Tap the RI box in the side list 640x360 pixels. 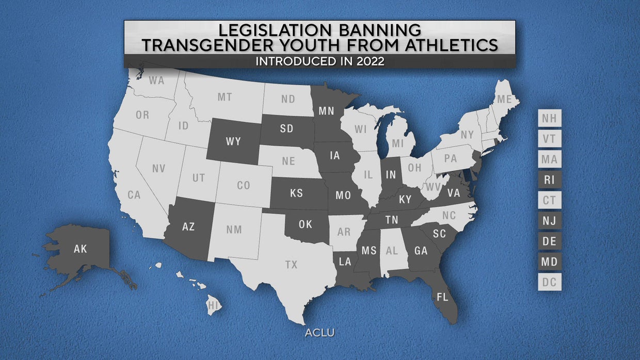(x=549, y=181)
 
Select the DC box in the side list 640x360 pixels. (x=549, y=283)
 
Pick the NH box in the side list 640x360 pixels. (x=549, y=119)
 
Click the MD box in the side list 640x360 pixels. (x=549, y=262)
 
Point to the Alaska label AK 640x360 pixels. (x=81, y=249)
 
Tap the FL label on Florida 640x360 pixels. (x=442, y=297)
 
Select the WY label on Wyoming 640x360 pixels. (x=234, y=141)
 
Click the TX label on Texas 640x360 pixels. (x=291, y=265)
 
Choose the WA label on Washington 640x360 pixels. (x=156, y=80)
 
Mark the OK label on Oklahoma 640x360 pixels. (x=306, y=225)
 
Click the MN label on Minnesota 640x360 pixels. (x=326, y=111)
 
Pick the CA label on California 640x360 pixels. (x=134, y=195)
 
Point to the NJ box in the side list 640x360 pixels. (x=549, y=221)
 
